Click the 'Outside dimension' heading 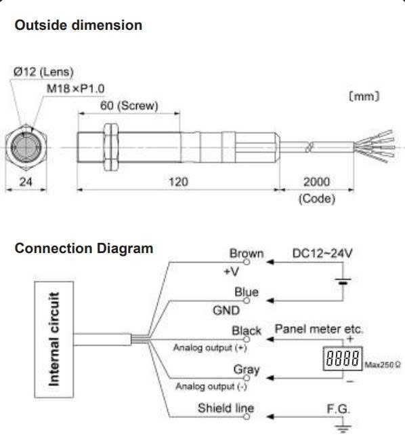click(x=79, y=25)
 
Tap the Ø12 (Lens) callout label click(x=43, y=72)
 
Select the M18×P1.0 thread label click(x=75, y=89)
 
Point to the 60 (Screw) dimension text click(x=129, y=106)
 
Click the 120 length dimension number click(x=179, y=182)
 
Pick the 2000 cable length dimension click(x=316, y=182)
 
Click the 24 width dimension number click(x=26, y=182)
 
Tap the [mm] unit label click(x=364, y=96)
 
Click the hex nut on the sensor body click(x=111, y=147)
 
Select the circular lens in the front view click(x=26, y=147)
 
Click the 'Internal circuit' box click(x=54, y=339)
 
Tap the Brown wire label click(x=247, y=253)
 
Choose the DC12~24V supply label click(x=322, y=253)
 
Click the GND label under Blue click(x=226, y=311)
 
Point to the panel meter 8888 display click(x=343, y=359)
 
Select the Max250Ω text click(x=383, y=365)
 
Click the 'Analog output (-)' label click(x=211, y=387)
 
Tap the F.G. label click(x=339, y=409)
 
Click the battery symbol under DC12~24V click(x=343, y=282)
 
